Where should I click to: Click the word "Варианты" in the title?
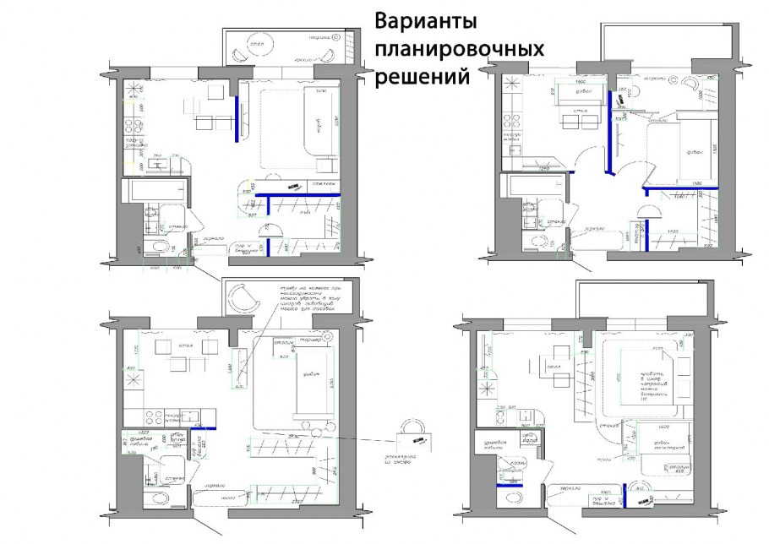[425, 21]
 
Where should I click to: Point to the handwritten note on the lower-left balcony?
[308, 299]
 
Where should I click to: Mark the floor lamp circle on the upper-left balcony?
[337, 38]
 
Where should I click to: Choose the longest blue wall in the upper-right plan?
[611, 131]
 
